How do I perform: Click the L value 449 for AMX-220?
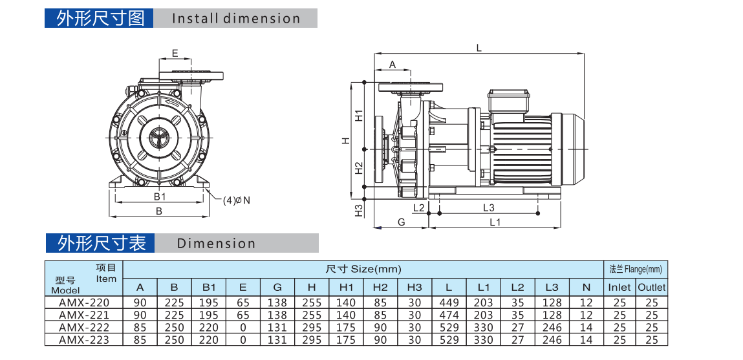tap(448, 302)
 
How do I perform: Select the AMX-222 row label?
tap(83, 328)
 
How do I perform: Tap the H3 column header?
tap(415, 287)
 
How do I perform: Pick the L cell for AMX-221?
tap(448, 315)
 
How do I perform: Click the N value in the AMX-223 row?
tap(586, 340)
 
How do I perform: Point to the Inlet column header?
tap(619, 287)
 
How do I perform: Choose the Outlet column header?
tap(651, 287)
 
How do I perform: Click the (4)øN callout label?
tap(236, 200)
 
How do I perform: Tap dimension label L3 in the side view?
tap(488, 207)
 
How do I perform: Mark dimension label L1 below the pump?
tap(495, 222)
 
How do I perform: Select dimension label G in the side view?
tap(401, 222)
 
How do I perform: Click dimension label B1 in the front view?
tap(160, 196)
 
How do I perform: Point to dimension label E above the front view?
tap(175, 53)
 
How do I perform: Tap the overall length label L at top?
tap(479, 47)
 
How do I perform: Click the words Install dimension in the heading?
tap(236, 19)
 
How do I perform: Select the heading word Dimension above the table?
tap(216, 244)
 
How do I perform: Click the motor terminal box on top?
tap(509, 102)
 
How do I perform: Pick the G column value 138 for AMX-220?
tap(277, 302)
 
